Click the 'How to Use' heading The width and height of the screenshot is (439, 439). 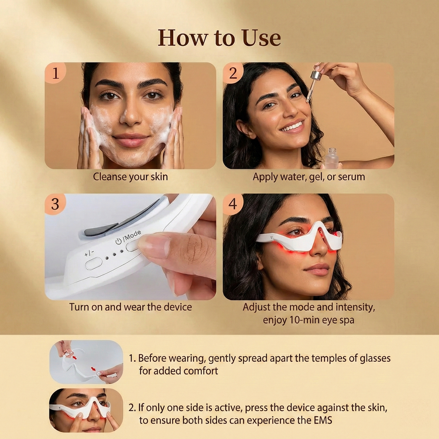(219, 38)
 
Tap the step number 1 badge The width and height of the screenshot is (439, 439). (55, 73)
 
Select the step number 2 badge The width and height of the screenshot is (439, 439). (233, 73)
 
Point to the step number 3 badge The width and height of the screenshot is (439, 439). (55, 204)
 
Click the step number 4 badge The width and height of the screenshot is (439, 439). (233, 204)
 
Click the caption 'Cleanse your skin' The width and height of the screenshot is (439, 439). (130, 177)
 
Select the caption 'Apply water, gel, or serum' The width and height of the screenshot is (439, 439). (309, 177)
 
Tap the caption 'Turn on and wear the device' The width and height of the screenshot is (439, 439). (130, 307)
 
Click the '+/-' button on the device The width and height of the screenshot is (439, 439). (93, 263)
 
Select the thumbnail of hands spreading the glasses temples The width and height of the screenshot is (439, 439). (86, 362)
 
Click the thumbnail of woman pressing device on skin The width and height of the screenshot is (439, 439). (86, 410)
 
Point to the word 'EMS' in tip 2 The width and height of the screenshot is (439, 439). (322, 420)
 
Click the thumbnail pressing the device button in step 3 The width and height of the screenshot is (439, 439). (130, 247)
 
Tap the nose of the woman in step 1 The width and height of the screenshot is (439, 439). (131, 116)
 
